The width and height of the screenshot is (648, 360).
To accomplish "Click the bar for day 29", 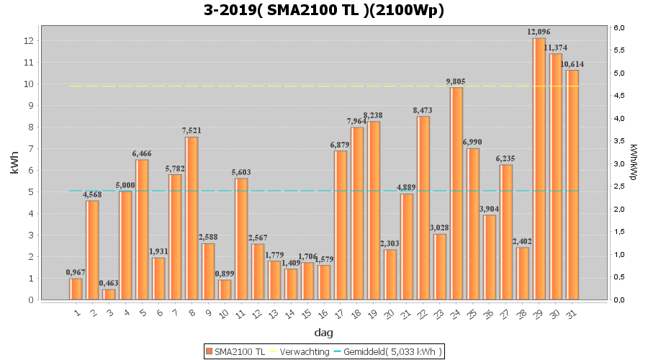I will [x=539, y=169].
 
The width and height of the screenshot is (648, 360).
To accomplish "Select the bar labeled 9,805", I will [x=456, y=194].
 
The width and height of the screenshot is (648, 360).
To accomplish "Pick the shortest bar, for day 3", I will [x=109, y=294].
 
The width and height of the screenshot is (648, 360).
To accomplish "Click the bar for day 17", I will [x=341, y=225].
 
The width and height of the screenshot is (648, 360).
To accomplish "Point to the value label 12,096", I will [x=539, y=32].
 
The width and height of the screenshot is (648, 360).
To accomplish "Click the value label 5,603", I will [x=241, y=172].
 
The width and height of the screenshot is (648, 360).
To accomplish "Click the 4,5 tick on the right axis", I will [x=619, y=96].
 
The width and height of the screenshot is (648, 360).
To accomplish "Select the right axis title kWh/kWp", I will [x=633, y=162].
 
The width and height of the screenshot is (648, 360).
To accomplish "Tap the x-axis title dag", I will [x=323, y=333].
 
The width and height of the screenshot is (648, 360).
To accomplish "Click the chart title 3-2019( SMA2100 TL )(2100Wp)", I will [x=323, y=10].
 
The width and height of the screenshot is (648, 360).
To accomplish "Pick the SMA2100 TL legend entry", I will [x=235, y=351].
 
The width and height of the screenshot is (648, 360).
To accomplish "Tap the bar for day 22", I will [x=423, y=208].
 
